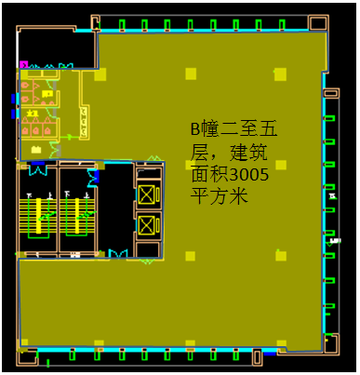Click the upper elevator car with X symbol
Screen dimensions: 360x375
[x=147, y=194]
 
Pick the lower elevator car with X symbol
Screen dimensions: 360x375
[x=147, y=225]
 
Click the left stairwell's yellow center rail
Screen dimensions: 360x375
[x=37, y=214]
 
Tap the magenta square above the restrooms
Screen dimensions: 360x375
[x=24, y=65]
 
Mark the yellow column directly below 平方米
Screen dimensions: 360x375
[x=190, y=255]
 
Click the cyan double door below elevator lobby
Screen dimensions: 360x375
[x=118, y=253]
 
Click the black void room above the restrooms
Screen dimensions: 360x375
[x=56, y=47]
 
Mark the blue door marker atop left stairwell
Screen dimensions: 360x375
[x=38, y=167]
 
